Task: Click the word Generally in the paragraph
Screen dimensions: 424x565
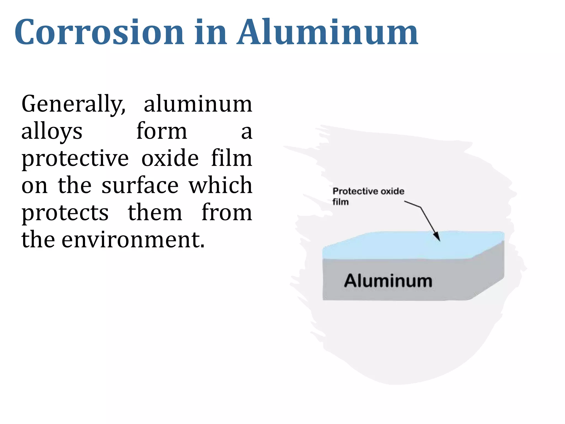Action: coord(73,104)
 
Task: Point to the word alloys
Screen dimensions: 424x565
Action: coord(52,131)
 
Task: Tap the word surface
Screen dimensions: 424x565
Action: coord(140,185)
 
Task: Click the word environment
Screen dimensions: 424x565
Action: coord(133,239)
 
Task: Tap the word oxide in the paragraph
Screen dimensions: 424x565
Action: coord(170,158)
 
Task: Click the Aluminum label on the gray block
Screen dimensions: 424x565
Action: coord(388,281)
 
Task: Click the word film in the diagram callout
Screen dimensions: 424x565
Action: coord(340,202)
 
